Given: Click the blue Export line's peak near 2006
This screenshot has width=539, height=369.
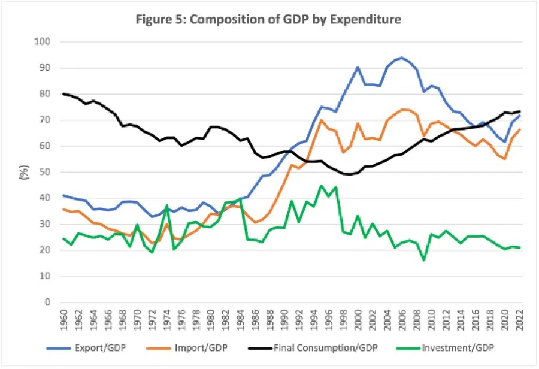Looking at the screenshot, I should (401, 58).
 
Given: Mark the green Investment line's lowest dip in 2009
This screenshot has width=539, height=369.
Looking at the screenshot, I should (423, 260).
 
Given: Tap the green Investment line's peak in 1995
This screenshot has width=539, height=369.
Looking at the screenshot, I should (321, 185).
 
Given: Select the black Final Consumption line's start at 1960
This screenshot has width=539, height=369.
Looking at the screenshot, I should (64, 93).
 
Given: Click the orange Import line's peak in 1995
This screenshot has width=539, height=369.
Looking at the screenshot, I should (321, 120).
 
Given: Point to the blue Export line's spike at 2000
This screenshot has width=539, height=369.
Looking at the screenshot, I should (358, 67).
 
